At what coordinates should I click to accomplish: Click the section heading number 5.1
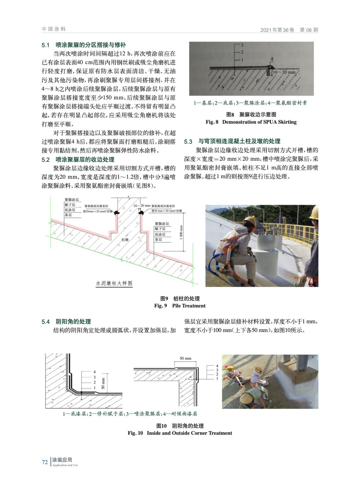45,45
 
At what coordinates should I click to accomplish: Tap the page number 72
45,462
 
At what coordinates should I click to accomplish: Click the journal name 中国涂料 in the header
54,29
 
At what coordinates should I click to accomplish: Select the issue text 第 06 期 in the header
309,30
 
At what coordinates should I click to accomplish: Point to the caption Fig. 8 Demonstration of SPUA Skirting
251,122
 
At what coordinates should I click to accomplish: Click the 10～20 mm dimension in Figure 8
284,72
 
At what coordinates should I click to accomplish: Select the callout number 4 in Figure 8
272,59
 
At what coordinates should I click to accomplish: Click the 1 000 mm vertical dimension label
181,232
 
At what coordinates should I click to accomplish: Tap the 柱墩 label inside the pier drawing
125,239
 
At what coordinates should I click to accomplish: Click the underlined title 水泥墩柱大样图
114,283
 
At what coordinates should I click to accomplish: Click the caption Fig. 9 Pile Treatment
180,306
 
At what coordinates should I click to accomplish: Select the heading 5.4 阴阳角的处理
66,321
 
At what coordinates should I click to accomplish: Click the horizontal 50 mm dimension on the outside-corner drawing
185,358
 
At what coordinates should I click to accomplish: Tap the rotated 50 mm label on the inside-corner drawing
103,383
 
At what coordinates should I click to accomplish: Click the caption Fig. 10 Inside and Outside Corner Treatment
180,433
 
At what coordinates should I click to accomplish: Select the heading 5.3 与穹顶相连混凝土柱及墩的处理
232,141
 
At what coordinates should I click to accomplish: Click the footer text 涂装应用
62,460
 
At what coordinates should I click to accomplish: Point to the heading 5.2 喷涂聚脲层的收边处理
78,159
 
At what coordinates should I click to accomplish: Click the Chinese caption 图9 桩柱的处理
180,298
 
